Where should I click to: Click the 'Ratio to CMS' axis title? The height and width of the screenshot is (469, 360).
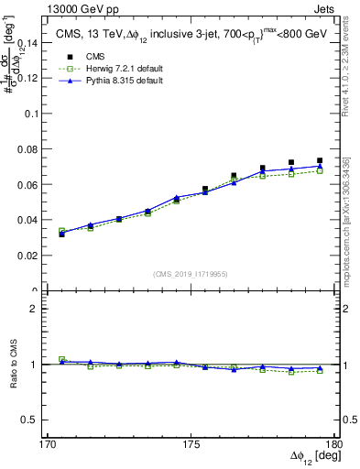(13, 364)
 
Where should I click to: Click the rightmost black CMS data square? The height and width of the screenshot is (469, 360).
(320, 160)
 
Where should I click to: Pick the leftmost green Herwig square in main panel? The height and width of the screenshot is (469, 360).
(61, 232)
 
